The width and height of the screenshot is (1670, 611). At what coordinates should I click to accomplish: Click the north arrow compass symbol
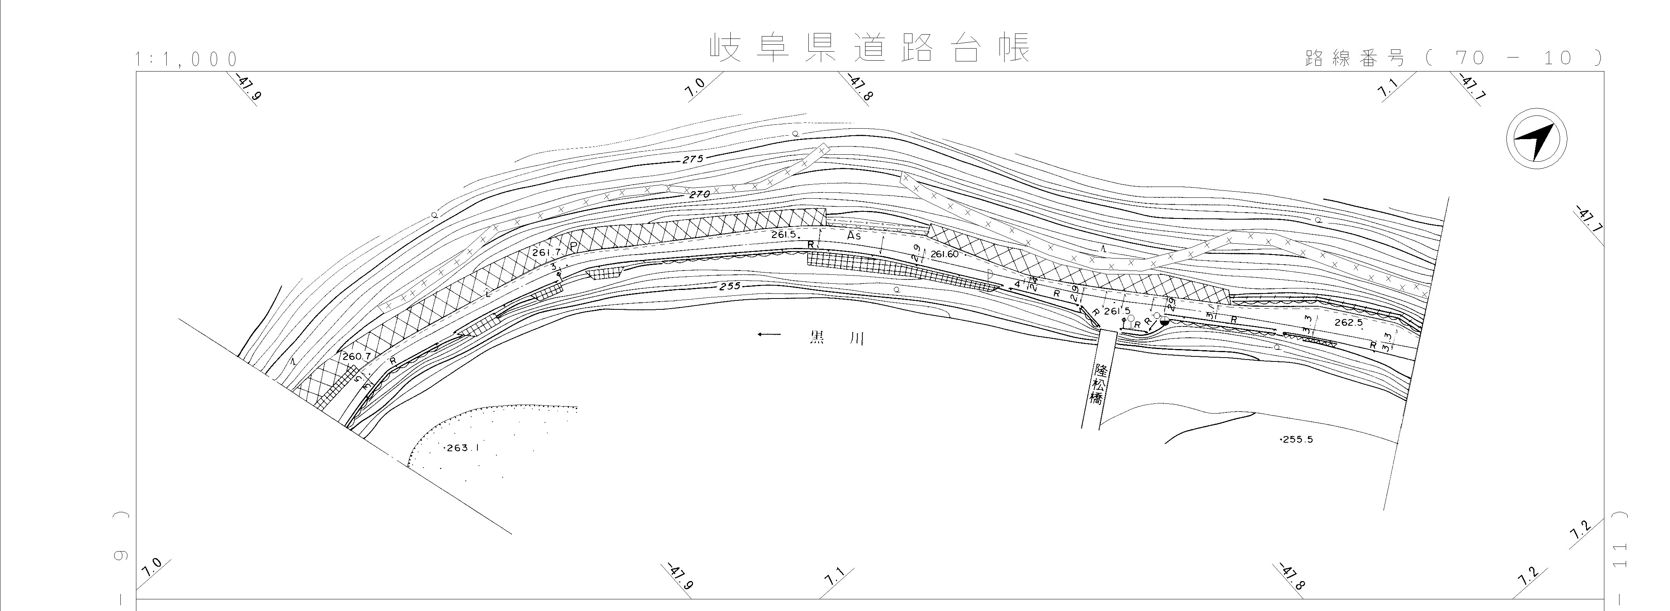click(1536, 140)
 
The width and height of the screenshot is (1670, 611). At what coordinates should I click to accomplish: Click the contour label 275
click(692, 159)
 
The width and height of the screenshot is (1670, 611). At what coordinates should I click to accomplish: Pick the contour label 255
click(729, 286)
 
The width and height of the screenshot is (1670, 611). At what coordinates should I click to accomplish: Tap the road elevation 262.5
click(1348, 322)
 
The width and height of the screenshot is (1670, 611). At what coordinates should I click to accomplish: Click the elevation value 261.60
click(944, 254)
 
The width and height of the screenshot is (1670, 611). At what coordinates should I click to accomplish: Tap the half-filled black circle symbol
click(1164, 322)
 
